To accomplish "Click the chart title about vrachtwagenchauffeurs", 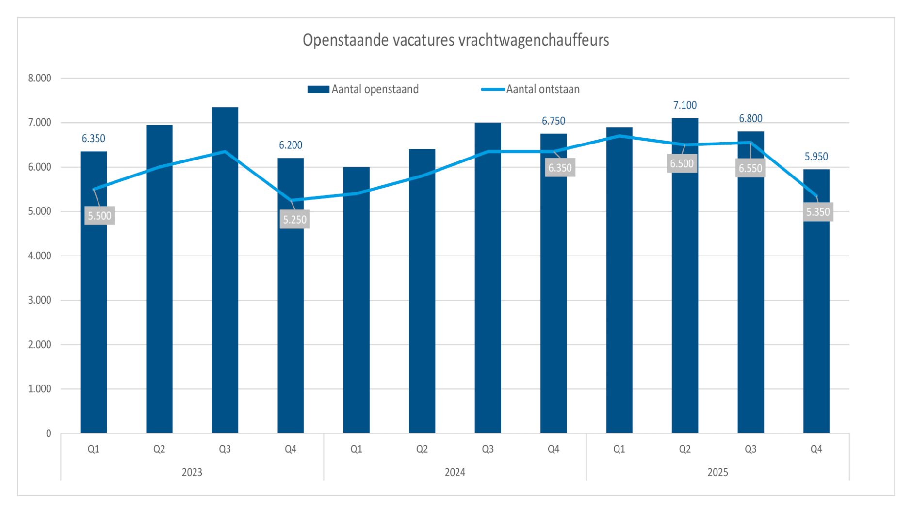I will [456, 40].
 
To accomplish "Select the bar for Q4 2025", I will [816, 301].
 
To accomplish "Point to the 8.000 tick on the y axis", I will [39, 78].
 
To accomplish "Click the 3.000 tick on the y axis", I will [39, 300].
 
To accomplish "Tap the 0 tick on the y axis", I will [48, 433].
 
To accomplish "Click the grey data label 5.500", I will [99, 216].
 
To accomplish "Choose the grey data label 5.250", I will [294, 220].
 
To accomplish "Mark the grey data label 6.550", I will [750, 168].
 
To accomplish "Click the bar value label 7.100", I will [684, 105].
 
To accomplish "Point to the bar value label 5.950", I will [816, 157].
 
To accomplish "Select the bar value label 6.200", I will [291, 145].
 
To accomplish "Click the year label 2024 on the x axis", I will [455, 472].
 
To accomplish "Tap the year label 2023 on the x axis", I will [192, 472].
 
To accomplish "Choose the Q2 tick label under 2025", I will [684, 449].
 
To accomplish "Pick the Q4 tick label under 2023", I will [291, 449].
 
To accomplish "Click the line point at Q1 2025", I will [619, 136].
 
